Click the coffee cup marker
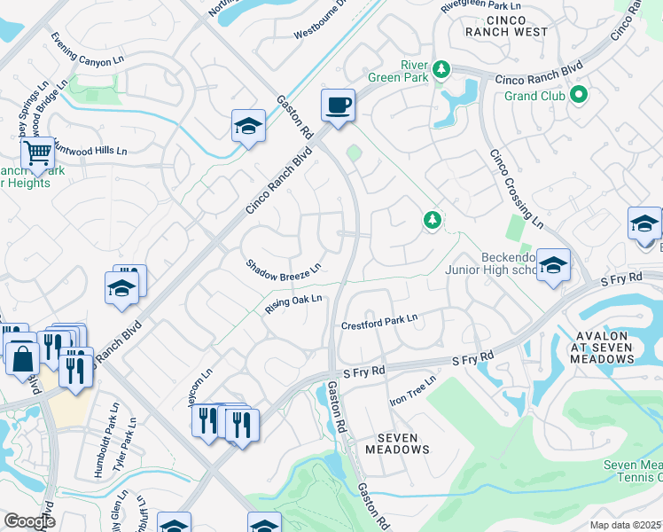(338, 106)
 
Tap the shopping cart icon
(37, 154)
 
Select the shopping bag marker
(21, 360)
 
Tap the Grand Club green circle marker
(580, 94)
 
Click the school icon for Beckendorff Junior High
(552, 265)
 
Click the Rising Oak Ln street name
(292, 304)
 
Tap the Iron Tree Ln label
(414, 390)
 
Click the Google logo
(29, 521)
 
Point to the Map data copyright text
(626, 525)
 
